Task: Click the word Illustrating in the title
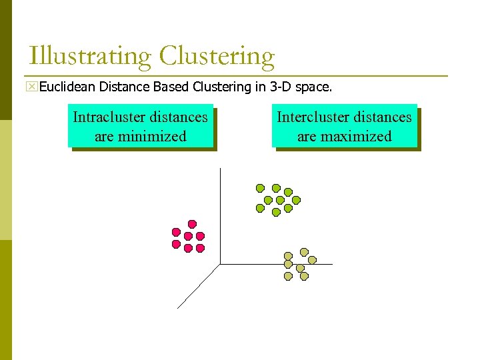click(91, 56)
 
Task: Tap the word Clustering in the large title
click(217, 56)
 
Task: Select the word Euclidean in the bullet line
click(67, 87)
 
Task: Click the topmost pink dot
click(192, 224)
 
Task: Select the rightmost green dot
click(296, 199)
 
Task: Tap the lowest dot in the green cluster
click(276, 212)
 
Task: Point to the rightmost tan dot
click(312, 260)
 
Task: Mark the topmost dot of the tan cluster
click(304, 252)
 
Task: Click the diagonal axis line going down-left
click(199, 286)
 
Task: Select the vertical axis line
click(220, 213)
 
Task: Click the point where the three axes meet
click(220, 264)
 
